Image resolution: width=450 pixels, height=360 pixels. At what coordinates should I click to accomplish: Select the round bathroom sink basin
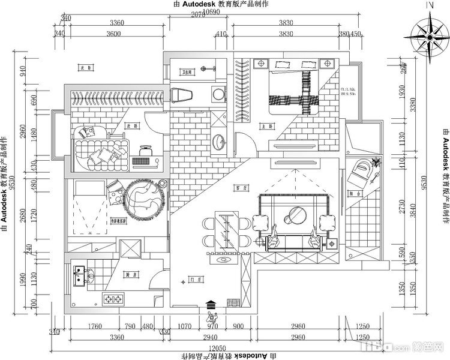click(x=219, y=142)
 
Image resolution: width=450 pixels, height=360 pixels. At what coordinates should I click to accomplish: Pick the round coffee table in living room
click(x=296, y=213)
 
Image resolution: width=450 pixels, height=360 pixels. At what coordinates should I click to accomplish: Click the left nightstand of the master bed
click(x=262, y=63)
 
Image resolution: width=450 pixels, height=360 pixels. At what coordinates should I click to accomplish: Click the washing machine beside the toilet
click(x=218, y=94)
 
